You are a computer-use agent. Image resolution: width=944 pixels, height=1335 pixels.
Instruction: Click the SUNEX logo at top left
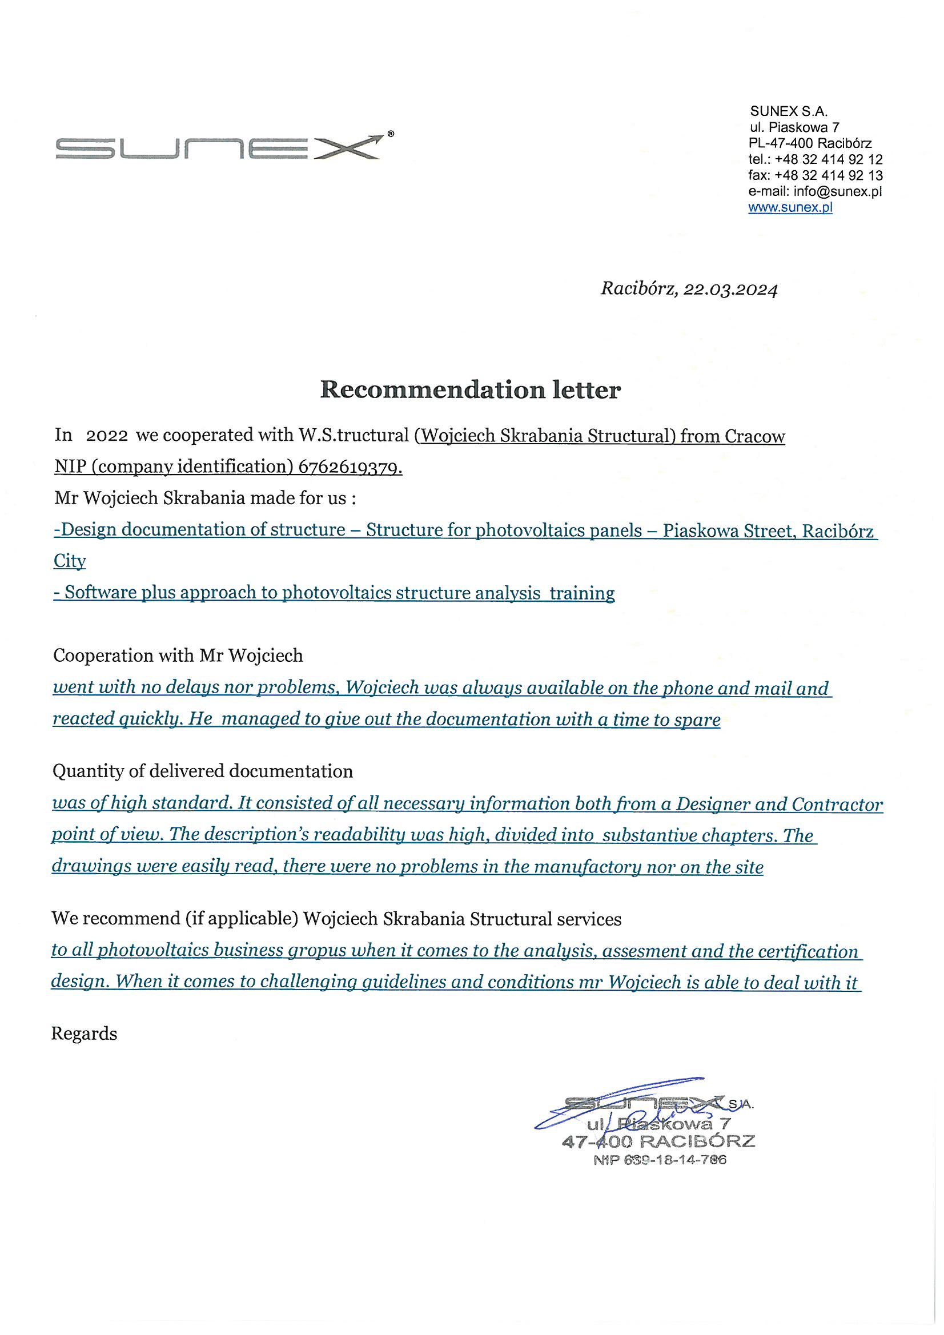[x=218, y=147]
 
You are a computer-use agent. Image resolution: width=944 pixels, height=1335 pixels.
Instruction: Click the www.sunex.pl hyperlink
[x=790, y=208]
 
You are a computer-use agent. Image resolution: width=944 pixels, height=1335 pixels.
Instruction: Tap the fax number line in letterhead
[x=815, y=175]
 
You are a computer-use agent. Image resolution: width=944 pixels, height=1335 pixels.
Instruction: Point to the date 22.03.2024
[x=730, y=289]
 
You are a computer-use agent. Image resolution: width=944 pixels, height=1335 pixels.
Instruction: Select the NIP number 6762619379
[x=350, y=467]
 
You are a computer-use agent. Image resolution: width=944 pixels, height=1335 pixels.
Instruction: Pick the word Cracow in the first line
[x=754, y=436]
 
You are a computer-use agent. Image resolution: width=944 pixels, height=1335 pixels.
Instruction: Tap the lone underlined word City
[x=69, y=561]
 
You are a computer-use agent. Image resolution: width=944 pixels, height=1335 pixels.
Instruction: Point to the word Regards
[x=84, y=1034]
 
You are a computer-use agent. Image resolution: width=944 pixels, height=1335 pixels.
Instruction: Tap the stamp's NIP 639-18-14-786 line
[x=660, y=1160]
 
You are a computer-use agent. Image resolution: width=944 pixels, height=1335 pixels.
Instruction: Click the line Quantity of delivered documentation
[x=202, y=771]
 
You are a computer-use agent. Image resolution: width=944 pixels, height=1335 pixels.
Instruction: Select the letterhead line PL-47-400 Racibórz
[x=810, y=143]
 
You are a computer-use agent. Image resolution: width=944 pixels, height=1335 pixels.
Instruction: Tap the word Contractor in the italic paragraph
[x=837, y=804]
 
